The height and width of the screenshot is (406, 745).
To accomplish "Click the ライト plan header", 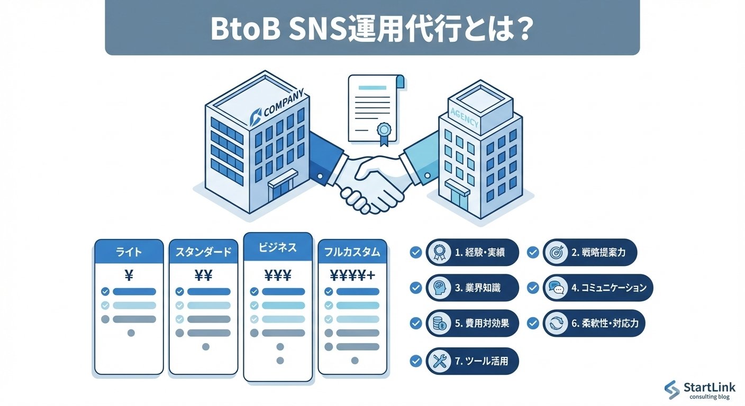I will click(x=129, y=252).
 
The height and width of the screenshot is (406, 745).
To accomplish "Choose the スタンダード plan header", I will click(x=203, y=252).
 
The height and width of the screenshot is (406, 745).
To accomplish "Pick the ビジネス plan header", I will click(x=278, y=247).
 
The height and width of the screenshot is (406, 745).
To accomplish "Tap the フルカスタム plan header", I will click(x=352, y=252).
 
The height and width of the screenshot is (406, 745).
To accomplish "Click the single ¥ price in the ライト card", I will click(x=129, y=275).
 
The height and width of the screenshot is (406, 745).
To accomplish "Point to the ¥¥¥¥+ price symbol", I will click(x=352, y=275).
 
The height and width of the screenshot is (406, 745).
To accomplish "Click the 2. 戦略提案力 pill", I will click(x=590, y=252).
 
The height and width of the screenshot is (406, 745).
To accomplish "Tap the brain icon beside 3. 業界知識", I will click(x=440, y=288).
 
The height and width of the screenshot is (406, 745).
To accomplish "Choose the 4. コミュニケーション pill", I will click(x=598, y=288).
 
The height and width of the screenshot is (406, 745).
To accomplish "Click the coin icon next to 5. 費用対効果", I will click(x=440, y=323).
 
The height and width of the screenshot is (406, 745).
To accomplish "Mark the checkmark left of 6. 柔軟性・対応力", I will click(x=533, y=323).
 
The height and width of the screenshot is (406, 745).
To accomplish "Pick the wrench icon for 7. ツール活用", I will click(x=440, y=362).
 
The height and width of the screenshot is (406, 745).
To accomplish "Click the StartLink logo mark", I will click(x=672, y=390).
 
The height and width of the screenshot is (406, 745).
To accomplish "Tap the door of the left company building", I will click(x=281, y=189).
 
